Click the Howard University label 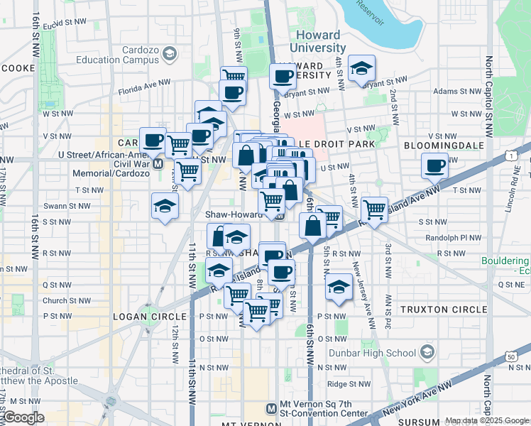coord(317,41)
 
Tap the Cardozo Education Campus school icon coord(169,54)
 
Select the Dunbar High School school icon coord(427,352)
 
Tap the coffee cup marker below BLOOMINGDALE coord(434,167)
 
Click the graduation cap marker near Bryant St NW coord(362,69)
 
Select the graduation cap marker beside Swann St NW coord(165,207)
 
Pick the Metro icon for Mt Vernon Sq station coord(270,408)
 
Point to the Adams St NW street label coord(456,92)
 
